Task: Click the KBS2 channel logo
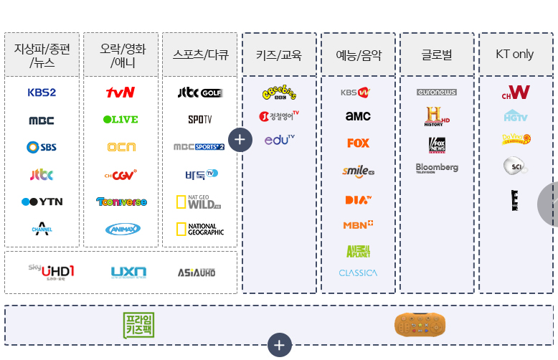pos(42,93)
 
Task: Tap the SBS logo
pos(42,147)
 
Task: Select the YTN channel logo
pos(42,202)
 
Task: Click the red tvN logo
pos(120,93)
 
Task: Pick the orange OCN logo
pos(121,147)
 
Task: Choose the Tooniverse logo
pos(121,202)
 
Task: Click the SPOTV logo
pos(200,120)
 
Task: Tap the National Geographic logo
pos(200,229)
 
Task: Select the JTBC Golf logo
pos(200,93)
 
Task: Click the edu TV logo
pos(279,140)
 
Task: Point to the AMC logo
pos(358,115)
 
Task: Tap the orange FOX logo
pos(358,143)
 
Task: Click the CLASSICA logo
pos(358,273)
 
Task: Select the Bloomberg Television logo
pos(437,169)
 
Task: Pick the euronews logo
pos(437,93)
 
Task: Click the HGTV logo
pos(516,115)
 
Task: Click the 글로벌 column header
pos(437,55)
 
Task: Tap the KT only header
pos(515,55)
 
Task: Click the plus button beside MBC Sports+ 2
pos(240,140)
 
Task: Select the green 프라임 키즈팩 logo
pos(138,325)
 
